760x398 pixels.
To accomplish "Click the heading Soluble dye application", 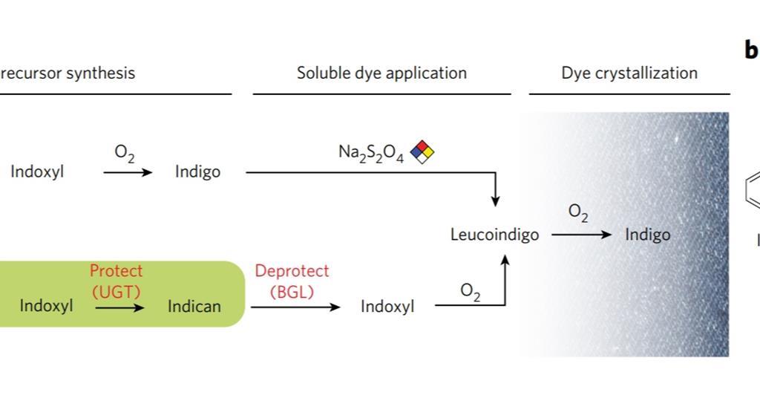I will tap(381, 74).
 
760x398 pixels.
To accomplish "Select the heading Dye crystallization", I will tap(629, 74).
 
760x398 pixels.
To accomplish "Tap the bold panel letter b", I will tap(750, 50).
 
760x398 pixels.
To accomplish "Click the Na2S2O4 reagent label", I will tap(370, 153).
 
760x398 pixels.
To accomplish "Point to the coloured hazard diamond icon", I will tap(422, 151).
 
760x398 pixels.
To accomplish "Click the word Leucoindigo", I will tap(494, 235).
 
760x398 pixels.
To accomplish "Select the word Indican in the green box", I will tap(194, 306).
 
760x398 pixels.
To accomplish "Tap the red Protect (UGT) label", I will tap(116, 281).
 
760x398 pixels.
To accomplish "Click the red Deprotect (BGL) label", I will tap(291, 281).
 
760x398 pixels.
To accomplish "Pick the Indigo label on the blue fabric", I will tap(647, 235).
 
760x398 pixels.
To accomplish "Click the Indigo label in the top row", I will tap(197, 172).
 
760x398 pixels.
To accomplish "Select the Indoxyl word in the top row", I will tap(37, 172).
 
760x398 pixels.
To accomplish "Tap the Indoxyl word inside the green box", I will tap(46, 306).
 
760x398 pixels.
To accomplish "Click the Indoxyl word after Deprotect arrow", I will tap(387, 306).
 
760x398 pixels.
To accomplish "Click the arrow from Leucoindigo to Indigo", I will tap(581, 235).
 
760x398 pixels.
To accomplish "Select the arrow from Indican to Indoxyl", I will tap(295, 306).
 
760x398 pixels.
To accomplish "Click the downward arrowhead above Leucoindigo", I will tap(495, 201).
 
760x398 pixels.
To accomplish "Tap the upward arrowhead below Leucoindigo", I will tap(505, 260).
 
